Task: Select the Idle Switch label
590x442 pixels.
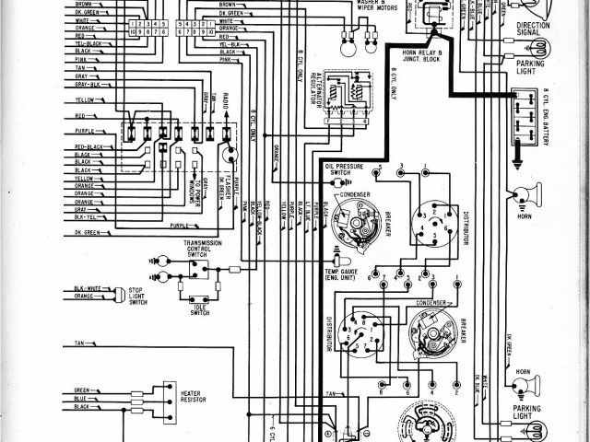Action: tap(200, 310)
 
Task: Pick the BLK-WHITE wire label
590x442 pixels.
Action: tap(88, 289)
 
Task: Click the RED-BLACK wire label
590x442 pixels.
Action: tap(88, 146)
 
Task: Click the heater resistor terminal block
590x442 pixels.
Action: tap(168, 398)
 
